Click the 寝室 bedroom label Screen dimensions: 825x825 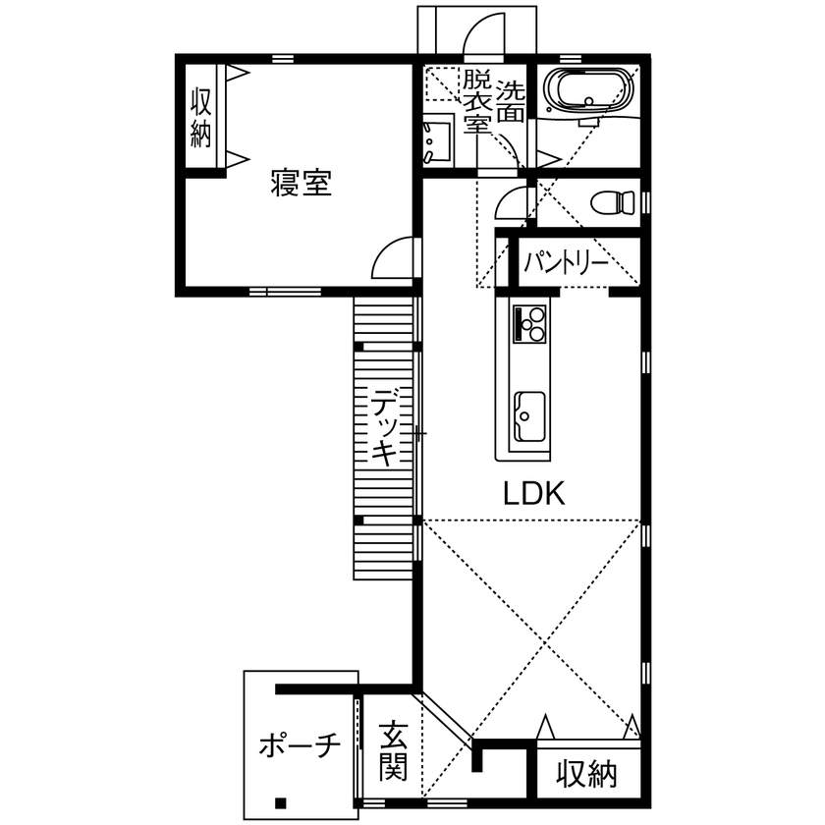302,184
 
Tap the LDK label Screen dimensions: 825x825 534,493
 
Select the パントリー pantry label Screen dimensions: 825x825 565,263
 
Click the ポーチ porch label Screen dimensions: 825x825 299,746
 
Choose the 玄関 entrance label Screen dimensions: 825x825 395,751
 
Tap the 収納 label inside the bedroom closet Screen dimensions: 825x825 201,116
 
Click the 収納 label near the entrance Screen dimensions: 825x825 587,774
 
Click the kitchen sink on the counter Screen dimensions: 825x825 529,415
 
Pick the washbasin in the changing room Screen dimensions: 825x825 435,141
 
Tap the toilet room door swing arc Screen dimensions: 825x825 510,203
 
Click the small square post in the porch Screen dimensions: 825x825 281,798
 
